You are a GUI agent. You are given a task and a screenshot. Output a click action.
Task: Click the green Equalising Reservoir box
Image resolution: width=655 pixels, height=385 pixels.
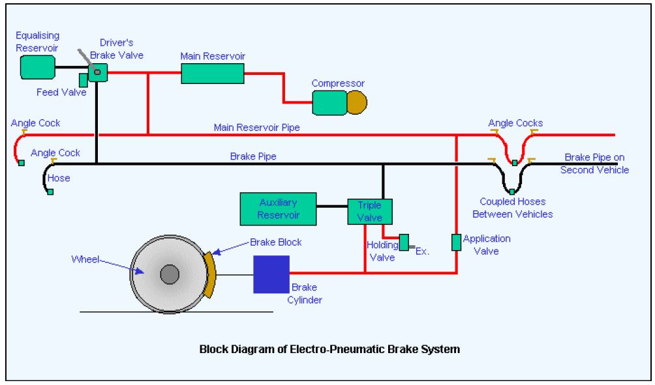coord(37,67)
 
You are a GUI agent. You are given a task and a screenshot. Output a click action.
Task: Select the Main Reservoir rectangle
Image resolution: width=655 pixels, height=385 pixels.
coord(212,73)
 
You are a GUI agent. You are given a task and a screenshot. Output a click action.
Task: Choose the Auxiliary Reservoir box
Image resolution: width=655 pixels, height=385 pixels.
coord(279,209)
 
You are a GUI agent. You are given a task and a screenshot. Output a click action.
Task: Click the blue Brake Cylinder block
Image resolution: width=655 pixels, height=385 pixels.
coord(271,274)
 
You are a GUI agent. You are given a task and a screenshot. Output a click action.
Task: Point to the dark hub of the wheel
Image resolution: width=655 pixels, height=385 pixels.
coord(170,274)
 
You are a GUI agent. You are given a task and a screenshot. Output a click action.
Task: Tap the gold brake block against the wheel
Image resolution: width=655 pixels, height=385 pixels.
coord(208,274)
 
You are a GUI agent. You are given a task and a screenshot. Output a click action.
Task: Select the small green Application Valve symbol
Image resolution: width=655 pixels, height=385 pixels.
coord(456,242)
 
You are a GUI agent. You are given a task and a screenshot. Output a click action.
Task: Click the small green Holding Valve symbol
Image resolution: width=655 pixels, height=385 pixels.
coord(403,242)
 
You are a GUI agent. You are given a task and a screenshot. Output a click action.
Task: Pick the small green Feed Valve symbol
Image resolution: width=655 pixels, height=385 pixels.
coord(83,80)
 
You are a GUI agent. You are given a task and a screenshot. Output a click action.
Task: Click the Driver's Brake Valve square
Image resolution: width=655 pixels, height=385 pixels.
coord(97,72)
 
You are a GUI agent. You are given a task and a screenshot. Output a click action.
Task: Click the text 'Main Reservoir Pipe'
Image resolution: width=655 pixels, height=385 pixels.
coord(257,128)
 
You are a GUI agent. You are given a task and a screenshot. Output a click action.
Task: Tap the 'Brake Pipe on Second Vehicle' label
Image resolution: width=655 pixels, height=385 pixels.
coord(594,164)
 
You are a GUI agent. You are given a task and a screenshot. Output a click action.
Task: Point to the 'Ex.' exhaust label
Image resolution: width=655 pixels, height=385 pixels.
coord(422,251)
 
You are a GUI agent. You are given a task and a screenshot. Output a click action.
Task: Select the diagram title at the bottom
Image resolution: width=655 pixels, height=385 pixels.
coord(329,349)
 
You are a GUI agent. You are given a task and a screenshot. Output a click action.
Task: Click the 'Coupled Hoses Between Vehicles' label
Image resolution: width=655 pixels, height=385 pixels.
coord(512,208)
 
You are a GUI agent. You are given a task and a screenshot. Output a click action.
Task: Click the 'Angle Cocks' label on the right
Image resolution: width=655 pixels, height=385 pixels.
coord(515,123)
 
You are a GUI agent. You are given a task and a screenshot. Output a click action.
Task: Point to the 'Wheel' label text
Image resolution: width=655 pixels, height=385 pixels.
coord(85,259)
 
